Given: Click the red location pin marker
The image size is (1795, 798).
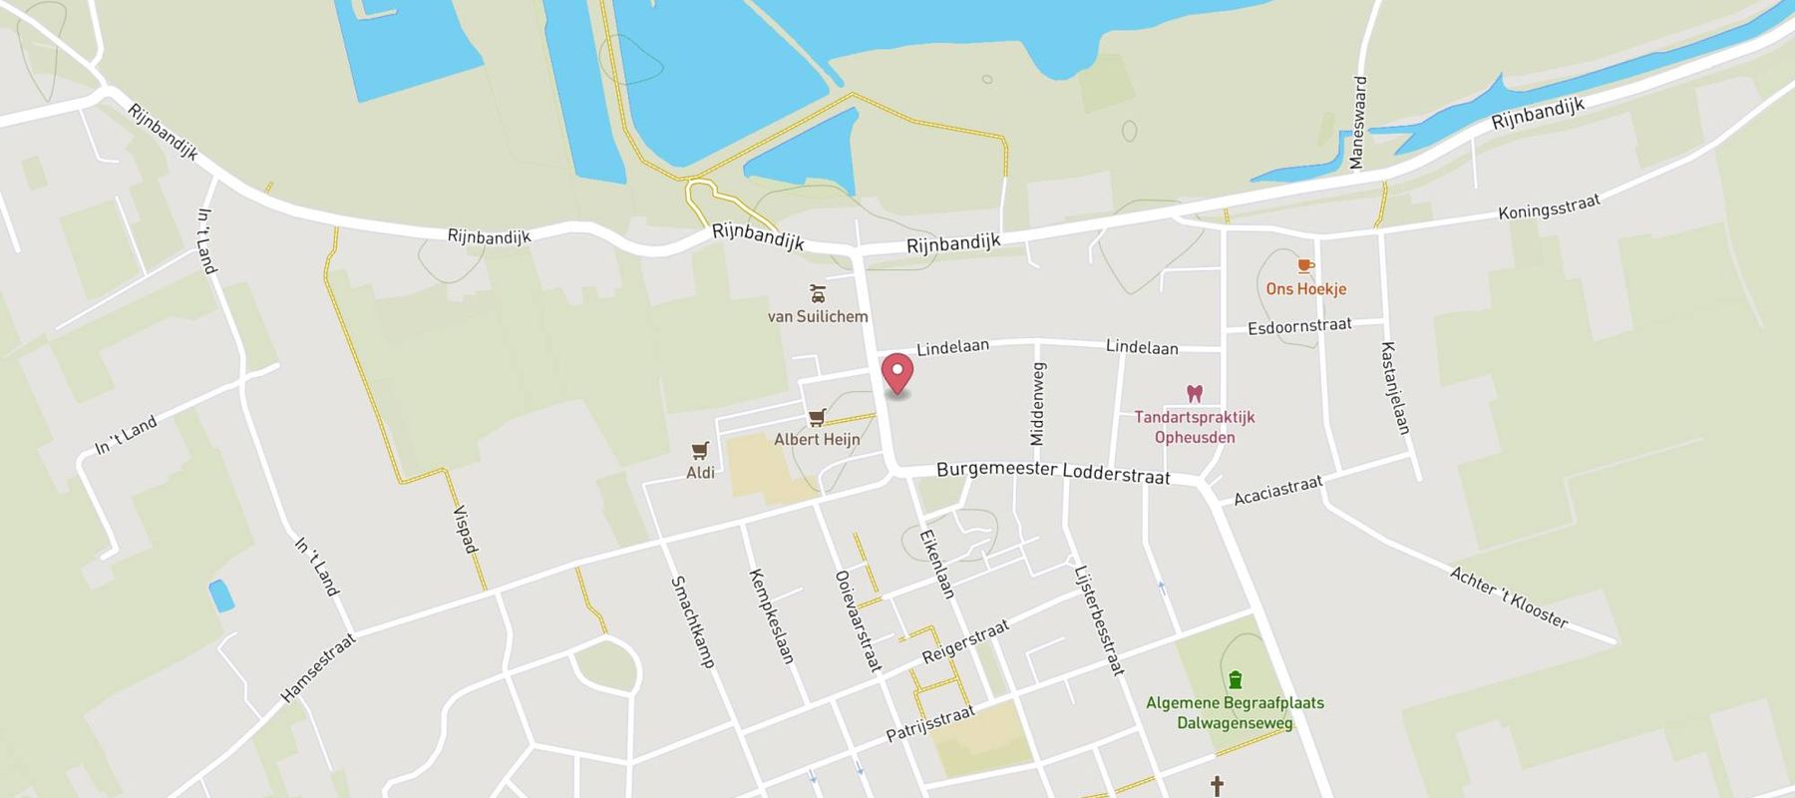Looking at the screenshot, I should tap(897, 375).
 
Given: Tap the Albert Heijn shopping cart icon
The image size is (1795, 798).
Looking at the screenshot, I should tap(818, 417).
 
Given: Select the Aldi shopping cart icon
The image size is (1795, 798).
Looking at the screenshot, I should tap(700, 451).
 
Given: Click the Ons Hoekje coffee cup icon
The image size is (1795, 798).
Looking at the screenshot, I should tap(1305, 266).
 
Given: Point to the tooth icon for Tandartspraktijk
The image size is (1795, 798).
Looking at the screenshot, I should tap(1194, 394).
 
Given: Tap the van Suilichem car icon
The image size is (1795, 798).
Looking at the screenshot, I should tap(818, 293).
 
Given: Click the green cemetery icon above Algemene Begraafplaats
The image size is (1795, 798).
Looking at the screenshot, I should tap(1236, 679).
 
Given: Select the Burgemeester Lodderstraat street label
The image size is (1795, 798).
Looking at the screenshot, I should tap(1052, 472).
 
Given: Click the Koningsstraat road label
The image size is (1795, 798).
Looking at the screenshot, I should tap(1549, 207).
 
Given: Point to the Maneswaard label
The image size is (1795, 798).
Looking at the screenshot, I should tap(1357, 123).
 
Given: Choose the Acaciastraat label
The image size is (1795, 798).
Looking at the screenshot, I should tap(1277, 490).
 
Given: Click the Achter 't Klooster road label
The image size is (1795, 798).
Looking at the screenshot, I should tap(1509, 598).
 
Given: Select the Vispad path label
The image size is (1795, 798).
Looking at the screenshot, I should tap(466, 529).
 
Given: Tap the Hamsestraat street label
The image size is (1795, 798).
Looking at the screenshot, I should tap(318, 667).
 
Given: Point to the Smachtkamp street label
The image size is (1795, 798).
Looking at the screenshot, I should tap(692, 620).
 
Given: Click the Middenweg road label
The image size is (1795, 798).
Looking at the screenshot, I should tap(1038, 404).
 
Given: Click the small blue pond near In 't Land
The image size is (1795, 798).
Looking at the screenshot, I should tap(220, 596).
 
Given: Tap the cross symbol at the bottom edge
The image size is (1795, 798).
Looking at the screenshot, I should tap(1217, 786).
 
